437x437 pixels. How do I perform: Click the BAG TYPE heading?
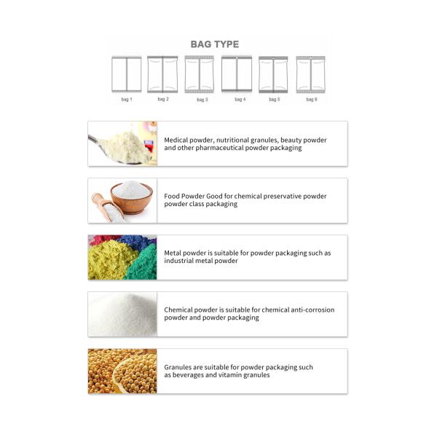[214, 44]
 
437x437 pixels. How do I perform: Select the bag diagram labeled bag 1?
[126, 74]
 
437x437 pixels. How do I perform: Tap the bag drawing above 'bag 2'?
[162, 74]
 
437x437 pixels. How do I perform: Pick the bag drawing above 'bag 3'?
[200, 74]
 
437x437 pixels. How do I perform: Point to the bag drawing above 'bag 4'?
[237, 74]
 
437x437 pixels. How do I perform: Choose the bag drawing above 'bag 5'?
[273, 74]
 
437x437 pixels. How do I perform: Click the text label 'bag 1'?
[126, 99]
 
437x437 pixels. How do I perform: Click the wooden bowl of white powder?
[132, 194]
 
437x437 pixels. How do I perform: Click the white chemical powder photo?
[122, 314]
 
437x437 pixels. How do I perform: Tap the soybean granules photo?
[122, 371]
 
